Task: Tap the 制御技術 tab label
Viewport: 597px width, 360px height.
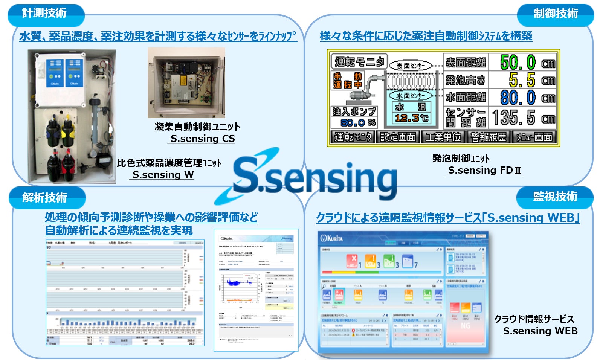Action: click(556, 14)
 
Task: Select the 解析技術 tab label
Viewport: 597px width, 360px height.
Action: click(44, 197)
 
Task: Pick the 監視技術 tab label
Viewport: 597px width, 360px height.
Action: click(555, 197)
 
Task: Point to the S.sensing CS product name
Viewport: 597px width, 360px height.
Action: click(202, 139)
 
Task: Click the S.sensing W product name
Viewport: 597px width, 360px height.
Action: click(163, 175)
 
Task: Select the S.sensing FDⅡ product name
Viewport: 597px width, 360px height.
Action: click(484, 170)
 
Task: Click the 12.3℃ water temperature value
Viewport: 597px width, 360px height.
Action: click(411, 118)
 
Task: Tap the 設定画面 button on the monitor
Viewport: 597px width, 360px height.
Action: click(398, 137)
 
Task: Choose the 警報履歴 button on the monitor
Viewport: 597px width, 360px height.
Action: click(488, 137)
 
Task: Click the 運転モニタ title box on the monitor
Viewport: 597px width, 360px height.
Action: click(359, 61)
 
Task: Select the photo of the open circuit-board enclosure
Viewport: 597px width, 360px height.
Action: click(186, 82)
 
